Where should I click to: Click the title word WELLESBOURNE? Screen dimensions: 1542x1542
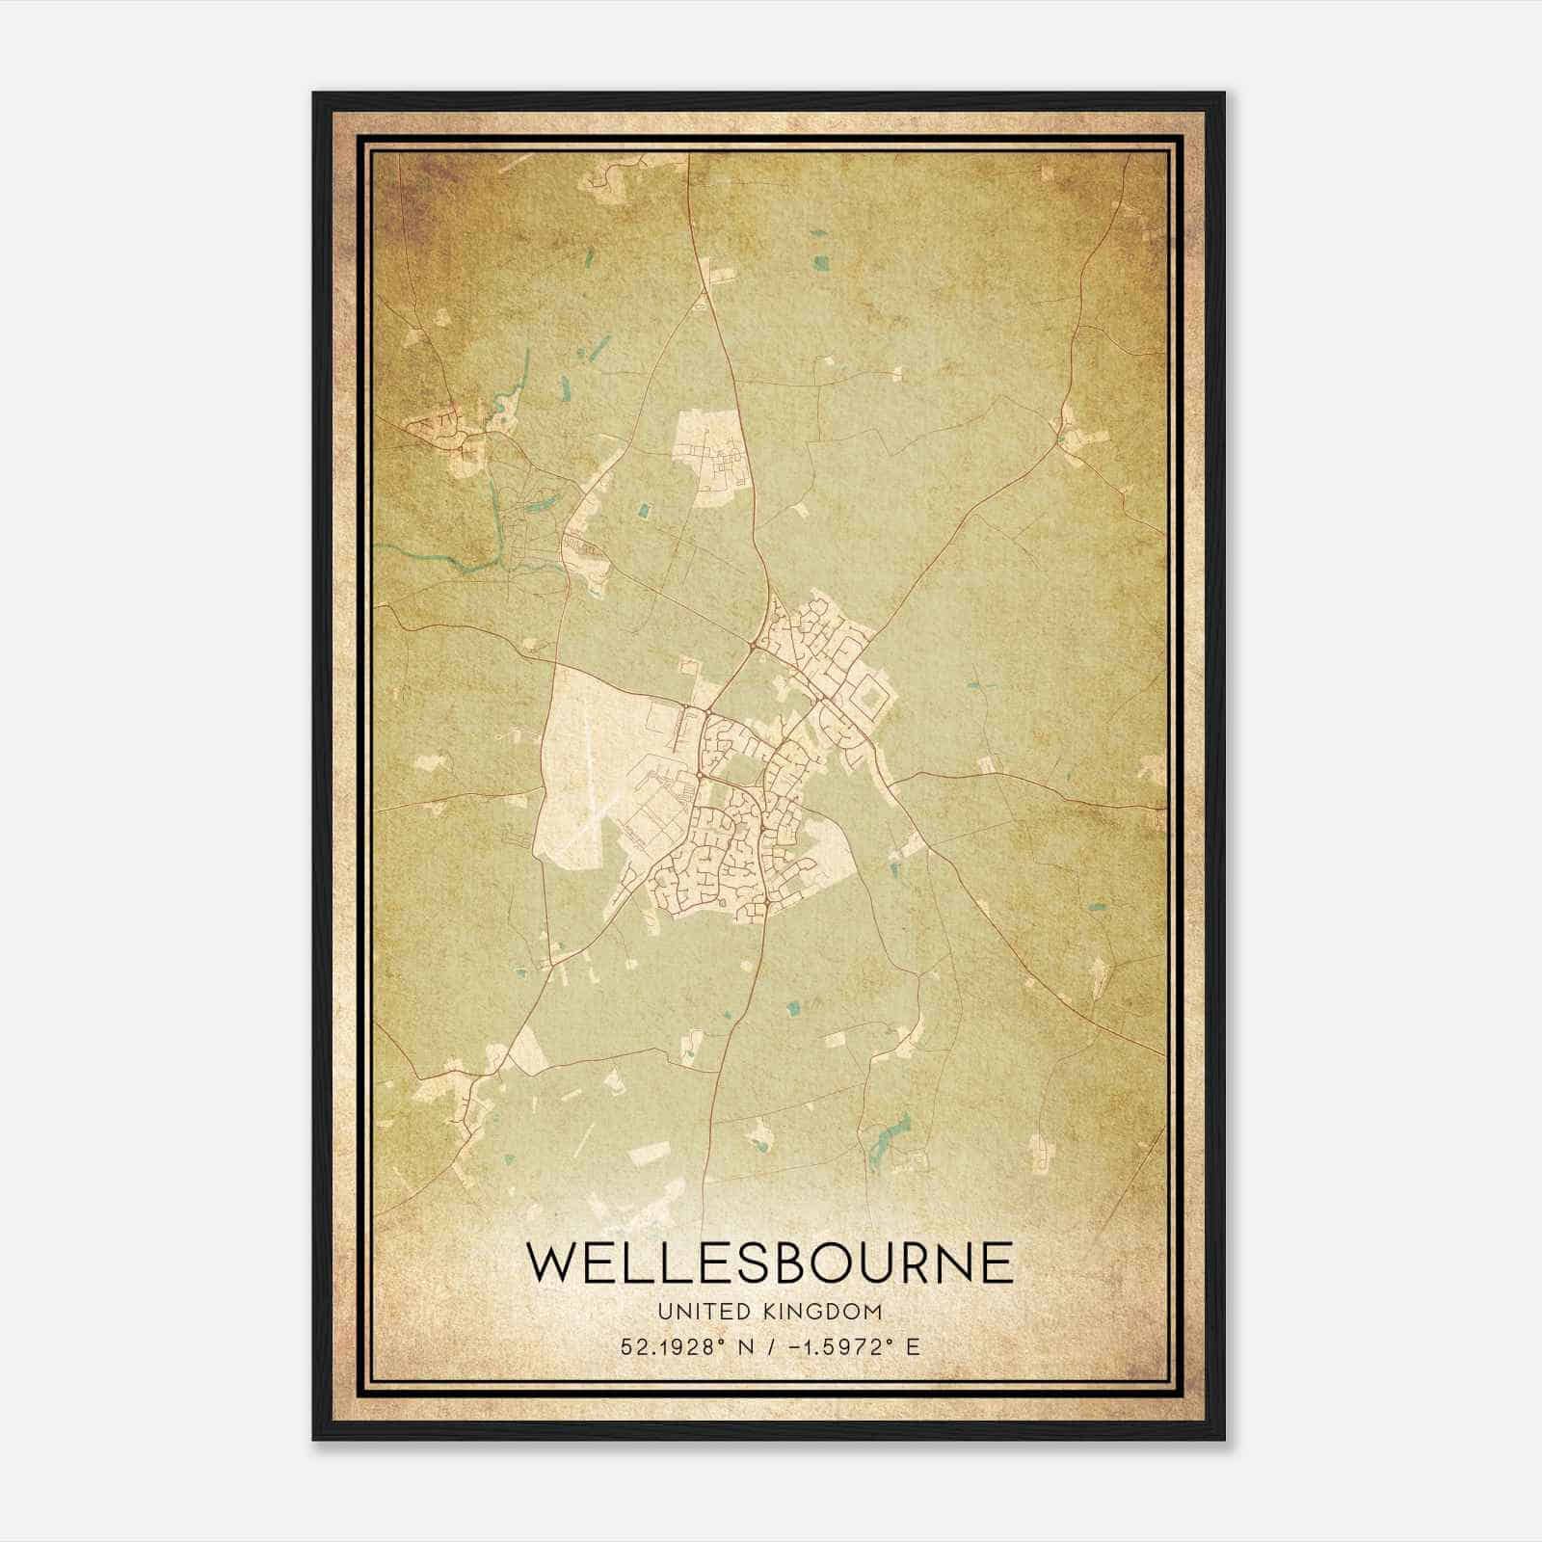coord(770,1263)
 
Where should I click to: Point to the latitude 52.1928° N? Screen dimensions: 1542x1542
coord(687,1346)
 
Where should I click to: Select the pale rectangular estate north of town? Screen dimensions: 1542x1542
coord(711,457)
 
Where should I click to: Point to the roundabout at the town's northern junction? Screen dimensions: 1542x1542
coord(752,645)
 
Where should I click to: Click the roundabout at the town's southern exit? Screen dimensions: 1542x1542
coord(762,904)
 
